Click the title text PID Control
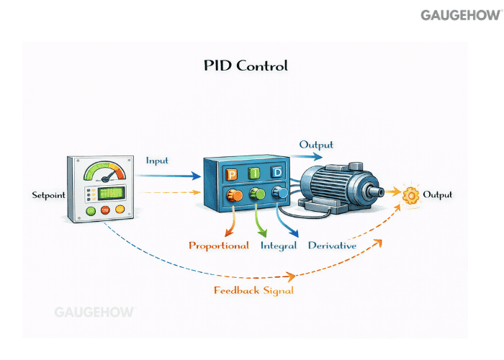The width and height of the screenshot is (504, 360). [x=246, y=66]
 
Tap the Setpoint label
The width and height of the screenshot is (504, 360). [x=48, y=195]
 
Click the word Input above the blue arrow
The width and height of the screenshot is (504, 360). [x=158, y=160]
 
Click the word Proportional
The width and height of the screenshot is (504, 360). [x=219, y=246]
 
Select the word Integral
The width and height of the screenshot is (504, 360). [x=277, y=246]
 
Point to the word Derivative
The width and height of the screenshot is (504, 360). [x=332, y=246]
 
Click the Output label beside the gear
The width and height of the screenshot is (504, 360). [x=438, y=195]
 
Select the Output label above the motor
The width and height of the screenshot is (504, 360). [x=317, y=145]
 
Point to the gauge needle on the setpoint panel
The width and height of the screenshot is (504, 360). [x=109, y=175]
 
